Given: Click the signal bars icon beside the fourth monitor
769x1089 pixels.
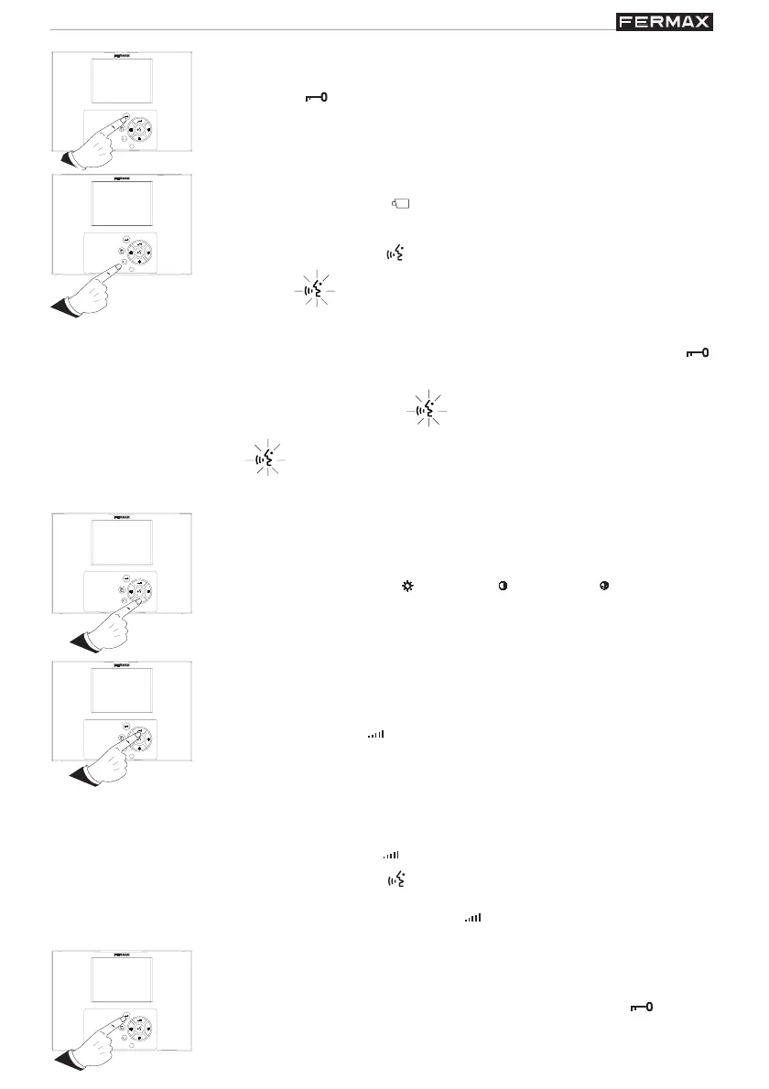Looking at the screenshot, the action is [x=375, y=734].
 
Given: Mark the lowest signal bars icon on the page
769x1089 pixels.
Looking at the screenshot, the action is [x=473, y=916].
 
